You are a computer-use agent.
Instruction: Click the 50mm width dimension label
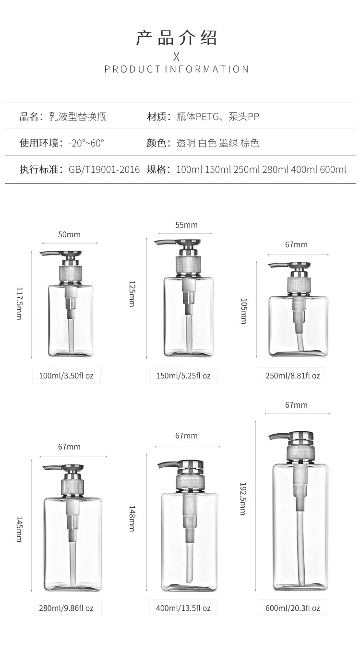(x=69, y=234)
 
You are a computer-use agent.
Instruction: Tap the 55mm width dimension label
(x=186, y=225)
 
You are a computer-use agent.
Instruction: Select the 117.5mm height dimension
(x=19, y=303)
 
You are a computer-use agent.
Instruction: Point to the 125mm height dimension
(x=132, y=294)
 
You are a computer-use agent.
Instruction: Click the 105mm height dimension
(x=244, y=311)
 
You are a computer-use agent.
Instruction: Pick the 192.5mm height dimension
(x=243, y=499)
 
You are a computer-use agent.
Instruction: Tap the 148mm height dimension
(x=132, y=519)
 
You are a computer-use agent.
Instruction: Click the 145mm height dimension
(x=19, y=529)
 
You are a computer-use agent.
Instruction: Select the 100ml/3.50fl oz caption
(x=66, y=376)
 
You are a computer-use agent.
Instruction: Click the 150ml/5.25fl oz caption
(x=183, y=376)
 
